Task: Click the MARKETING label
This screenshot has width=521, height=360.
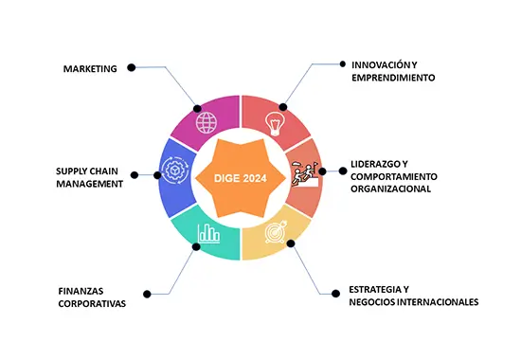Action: [x=90, y=69]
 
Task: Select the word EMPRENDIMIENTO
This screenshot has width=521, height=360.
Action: [x=393, y=78]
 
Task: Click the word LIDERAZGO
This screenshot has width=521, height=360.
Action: [x=375, y=164]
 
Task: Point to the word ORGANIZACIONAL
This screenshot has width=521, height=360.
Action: [x=390, y=189]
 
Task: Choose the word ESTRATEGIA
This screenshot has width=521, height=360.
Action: [x=375, y=290]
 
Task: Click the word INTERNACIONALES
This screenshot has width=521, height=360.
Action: [x=438, y=302]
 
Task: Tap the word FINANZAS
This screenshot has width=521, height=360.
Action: [x=81, y=291]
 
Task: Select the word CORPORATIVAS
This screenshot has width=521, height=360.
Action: [x=92, y=303]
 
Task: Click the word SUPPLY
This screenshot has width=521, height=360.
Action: [x=70, y=171]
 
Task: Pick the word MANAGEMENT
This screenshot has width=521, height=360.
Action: [x=89, y=184]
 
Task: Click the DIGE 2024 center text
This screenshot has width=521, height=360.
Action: [x=241, y=178]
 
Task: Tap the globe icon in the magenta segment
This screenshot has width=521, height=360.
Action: [x=207, y=122]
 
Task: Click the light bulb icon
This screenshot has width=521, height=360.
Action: [x=275, y=124]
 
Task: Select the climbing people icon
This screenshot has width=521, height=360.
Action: [x=305, y=173]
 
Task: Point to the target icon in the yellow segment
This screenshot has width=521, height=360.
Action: [x=276, y=232]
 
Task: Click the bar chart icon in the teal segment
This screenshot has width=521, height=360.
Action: [x=208, y=233]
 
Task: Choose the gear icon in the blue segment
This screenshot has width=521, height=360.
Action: [x=175, y=171]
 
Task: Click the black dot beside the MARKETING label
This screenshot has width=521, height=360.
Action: [x=132, y=67]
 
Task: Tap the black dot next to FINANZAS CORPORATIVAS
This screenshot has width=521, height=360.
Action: [x=147, y=294]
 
